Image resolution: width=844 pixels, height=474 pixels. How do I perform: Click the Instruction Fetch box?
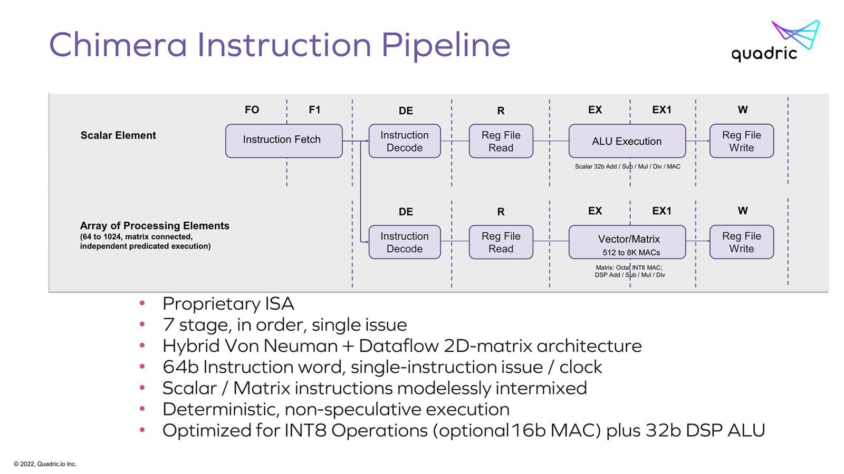(x=284, y=141)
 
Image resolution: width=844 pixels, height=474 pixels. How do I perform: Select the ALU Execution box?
(x=627, y=141)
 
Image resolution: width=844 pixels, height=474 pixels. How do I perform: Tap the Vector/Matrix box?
(x=627, y=242)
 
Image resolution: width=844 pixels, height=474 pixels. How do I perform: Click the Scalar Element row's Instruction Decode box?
(x=405, y=141)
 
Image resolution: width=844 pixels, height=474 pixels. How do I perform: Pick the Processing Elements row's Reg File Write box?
(x=742, y=242)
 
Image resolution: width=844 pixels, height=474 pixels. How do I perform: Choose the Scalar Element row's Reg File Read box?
(x=501, y=141)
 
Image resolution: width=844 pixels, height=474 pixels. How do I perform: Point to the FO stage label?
(x=252, y=110)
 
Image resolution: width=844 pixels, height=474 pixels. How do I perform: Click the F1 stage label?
(x=314, y=110)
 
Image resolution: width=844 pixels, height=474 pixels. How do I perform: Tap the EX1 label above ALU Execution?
(x=661, y=110)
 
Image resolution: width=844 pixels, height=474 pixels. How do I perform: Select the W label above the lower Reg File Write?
(x=743, y=211)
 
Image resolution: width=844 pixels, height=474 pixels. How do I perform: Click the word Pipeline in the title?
(x=446, y=46)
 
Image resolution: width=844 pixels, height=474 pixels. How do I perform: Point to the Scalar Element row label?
(x=118, y=135)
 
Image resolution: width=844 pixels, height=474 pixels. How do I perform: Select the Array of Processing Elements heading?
(x=155, y=226)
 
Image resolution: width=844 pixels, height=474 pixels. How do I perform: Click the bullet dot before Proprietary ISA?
(x=142, y=303)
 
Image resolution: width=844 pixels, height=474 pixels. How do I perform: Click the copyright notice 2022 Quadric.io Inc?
(x=45, y=464)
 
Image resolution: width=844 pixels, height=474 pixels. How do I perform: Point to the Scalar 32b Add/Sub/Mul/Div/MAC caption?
(x=628, y=166)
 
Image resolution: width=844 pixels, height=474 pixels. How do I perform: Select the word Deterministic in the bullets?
(x=221, y=409)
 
